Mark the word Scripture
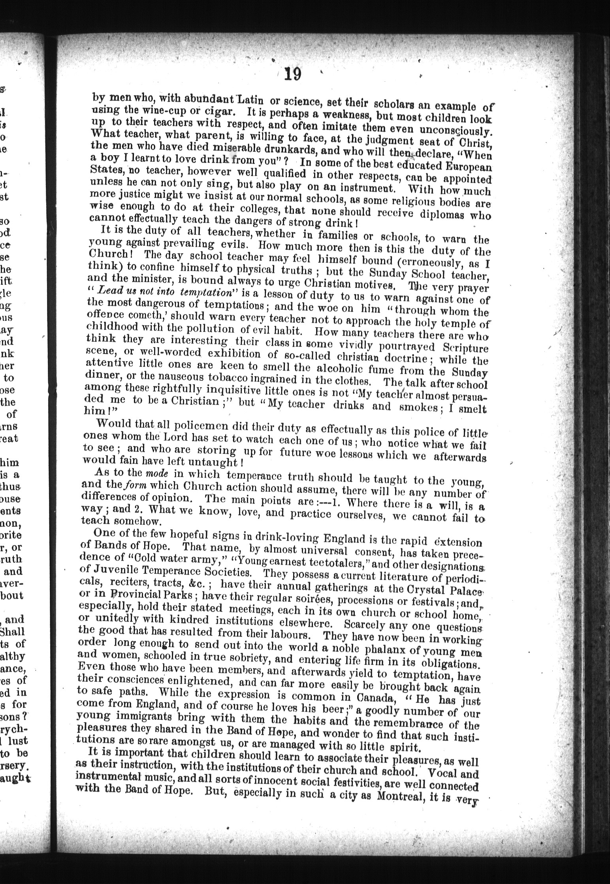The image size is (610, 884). (x=465, y=349)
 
